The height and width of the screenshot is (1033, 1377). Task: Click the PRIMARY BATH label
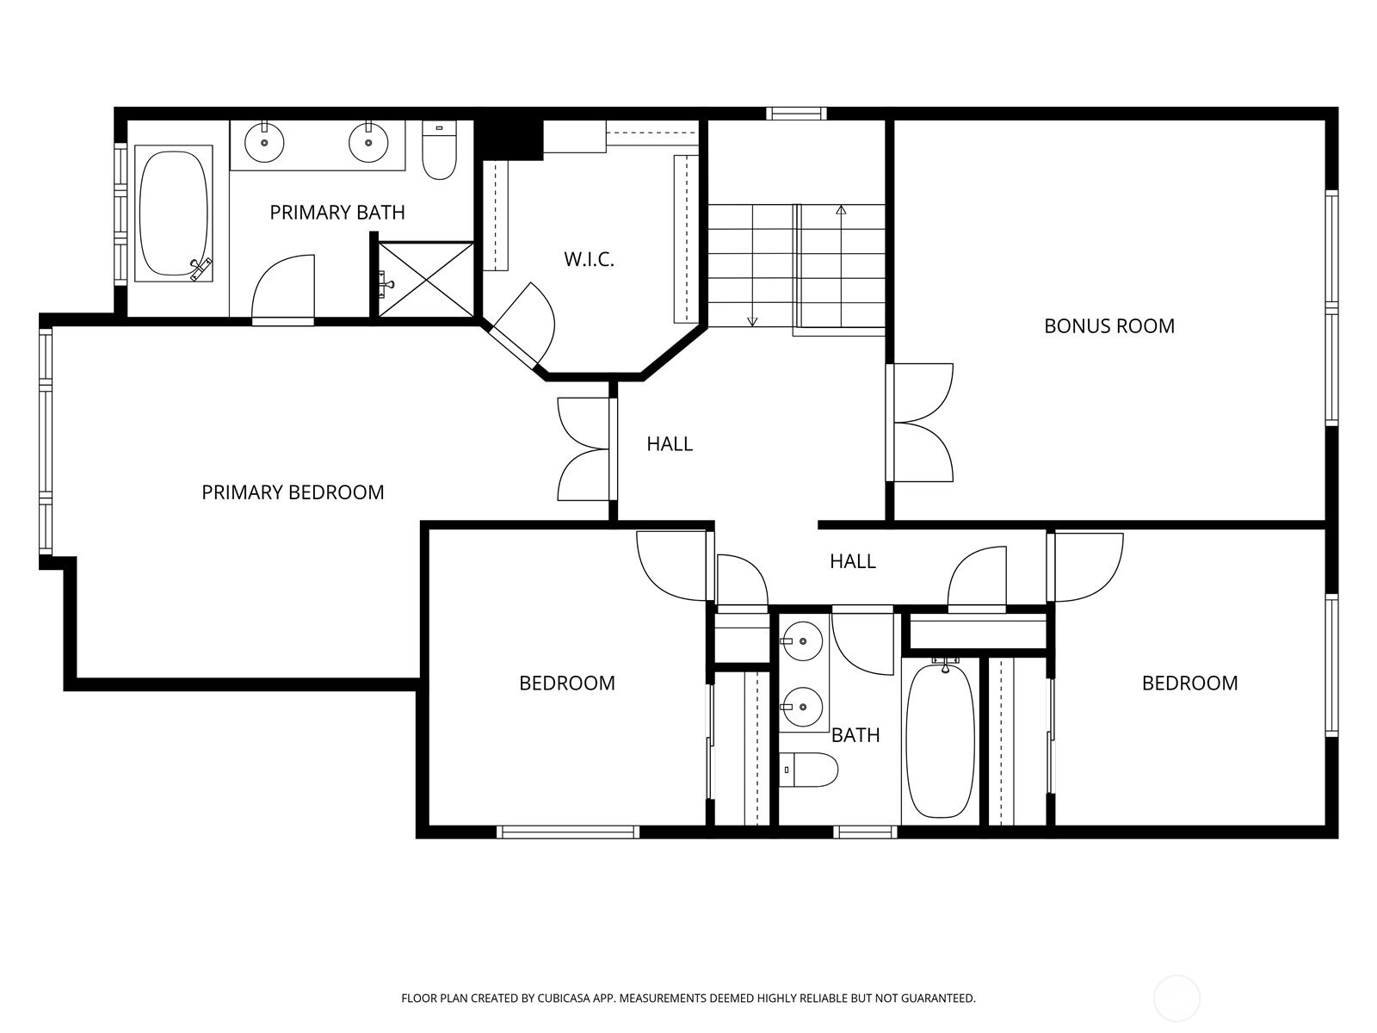(337, 213)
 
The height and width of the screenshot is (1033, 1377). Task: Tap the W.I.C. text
(589, 259)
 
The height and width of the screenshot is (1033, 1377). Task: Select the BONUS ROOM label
(1108, 326)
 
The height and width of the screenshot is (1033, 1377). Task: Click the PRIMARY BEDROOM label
(293, 492)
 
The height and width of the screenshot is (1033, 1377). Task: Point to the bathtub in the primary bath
(173, 213)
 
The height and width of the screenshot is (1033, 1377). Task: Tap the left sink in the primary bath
(264, 142)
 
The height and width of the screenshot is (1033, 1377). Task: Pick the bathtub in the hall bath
(941, 740)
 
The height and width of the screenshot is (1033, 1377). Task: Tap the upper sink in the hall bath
(801, 641)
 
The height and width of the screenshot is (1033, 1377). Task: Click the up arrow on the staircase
(841, 209)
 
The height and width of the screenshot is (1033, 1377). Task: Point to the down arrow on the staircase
(752, 321)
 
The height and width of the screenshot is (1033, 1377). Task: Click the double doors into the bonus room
(921, 422)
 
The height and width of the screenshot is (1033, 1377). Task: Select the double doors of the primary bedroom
(585, 448)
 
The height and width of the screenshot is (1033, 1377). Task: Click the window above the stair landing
(796, 113)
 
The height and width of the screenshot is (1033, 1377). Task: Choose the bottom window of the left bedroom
(567, 832)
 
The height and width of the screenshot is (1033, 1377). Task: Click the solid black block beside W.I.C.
(509, 138)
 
